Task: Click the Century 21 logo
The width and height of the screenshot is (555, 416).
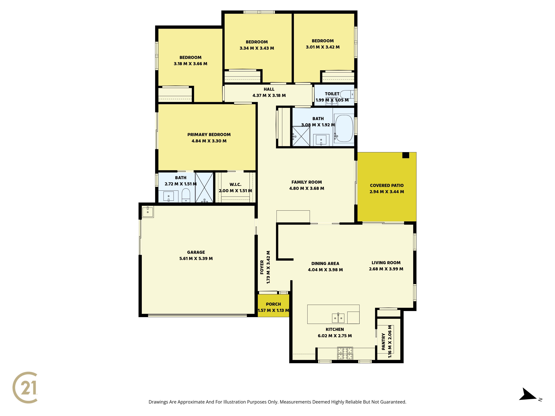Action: tap(25, 387)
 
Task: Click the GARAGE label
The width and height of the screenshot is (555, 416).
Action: tap(196, 252)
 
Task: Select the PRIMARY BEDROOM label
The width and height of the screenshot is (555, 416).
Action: tap(209, 135)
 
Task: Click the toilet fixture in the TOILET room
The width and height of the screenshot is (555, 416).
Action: tap(347, 94)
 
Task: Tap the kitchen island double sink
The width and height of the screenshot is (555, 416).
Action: tap(338, 318)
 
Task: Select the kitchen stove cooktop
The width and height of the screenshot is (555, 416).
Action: tap(345, 353)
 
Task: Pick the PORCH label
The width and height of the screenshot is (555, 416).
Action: tap(273, 304)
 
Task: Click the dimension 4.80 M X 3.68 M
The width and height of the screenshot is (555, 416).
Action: tap(307, 188)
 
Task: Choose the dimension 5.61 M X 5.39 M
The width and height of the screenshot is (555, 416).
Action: tap(196, 258)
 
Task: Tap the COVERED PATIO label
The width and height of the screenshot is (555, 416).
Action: tap(387, 186)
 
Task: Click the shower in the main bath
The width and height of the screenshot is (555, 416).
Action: tap(301, 136)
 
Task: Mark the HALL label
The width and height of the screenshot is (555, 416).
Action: tap(269, 89)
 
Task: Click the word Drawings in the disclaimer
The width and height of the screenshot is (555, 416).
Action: tap(158, 402)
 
